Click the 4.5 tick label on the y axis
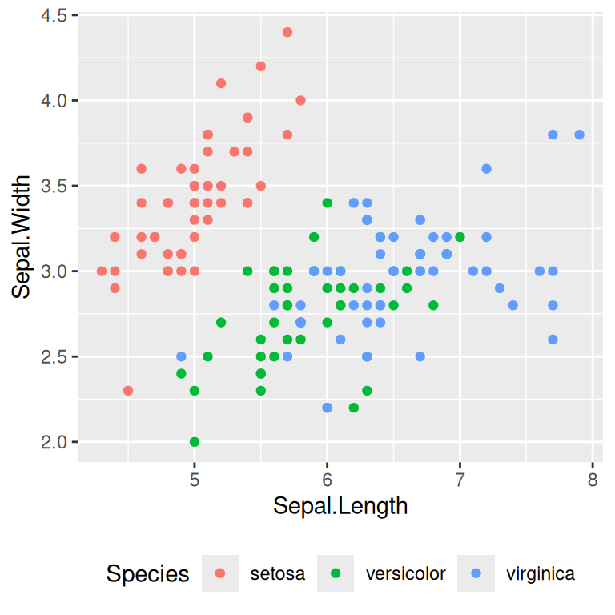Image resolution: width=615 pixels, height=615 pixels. tap(54, 15)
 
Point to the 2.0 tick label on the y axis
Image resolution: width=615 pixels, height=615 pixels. tap(54, 442)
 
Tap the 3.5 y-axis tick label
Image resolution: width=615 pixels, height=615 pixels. tap(54, 186)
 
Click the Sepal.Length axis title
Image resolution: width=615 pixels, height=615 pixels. tap(340, 506)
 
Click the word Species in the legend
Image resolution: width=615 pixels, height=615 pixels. tap(148, 574)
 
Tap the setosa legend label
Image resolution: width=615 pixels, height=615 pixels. tap(277, 574)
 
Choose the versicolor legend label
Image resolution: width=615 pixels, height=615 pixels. tap(405, 574)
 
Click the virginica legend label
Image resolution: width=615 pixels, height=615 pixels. tap(541, 574)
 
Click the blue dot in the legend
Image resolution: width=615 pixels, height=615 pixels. tap(477, 574)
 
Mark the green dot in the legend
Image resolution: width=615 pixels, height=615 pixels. tap(336, 574)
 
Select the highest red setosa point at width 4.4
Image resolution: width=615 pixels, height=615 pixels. tap(287, 32)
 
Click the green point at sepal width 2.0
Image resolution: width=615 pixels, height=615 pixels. tap(194, 442)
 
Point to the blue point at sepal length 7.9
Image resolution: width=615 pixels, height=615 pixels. tap(579, 135)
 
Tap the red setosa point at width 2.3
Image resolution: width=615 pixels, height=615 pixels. tap(128, 391)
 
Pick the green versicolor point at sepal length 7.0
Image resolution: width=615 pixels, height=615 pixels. tap(460, 237)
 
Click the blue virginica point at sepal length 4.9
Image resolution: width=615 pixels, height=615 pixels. tap(181, 356)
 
